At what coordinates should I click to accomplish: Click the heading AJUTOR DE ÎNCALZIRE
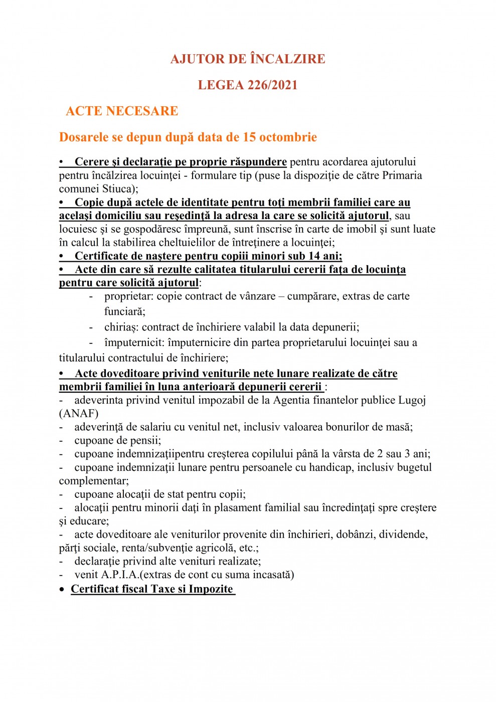point(248,59)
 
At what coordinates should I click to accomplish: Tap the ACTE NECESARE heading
point(122,111)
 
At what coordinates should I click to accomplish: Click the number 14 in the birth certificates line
point(314,256)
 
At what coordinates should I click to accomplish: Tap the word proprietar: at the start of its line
point(129,296)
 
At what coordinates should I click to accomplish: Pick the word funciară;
point(125,311)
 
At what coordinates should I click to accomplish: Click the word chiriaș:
point(122,327)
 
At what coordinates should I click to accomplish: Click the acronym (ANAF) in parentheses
point(79,414)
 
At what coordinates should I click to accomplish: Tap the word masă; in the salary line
point(399,427)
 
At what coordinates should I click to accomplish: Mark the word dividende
point(404,534)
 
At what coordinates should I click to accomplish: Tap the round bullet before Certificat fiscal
point(62,590)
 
